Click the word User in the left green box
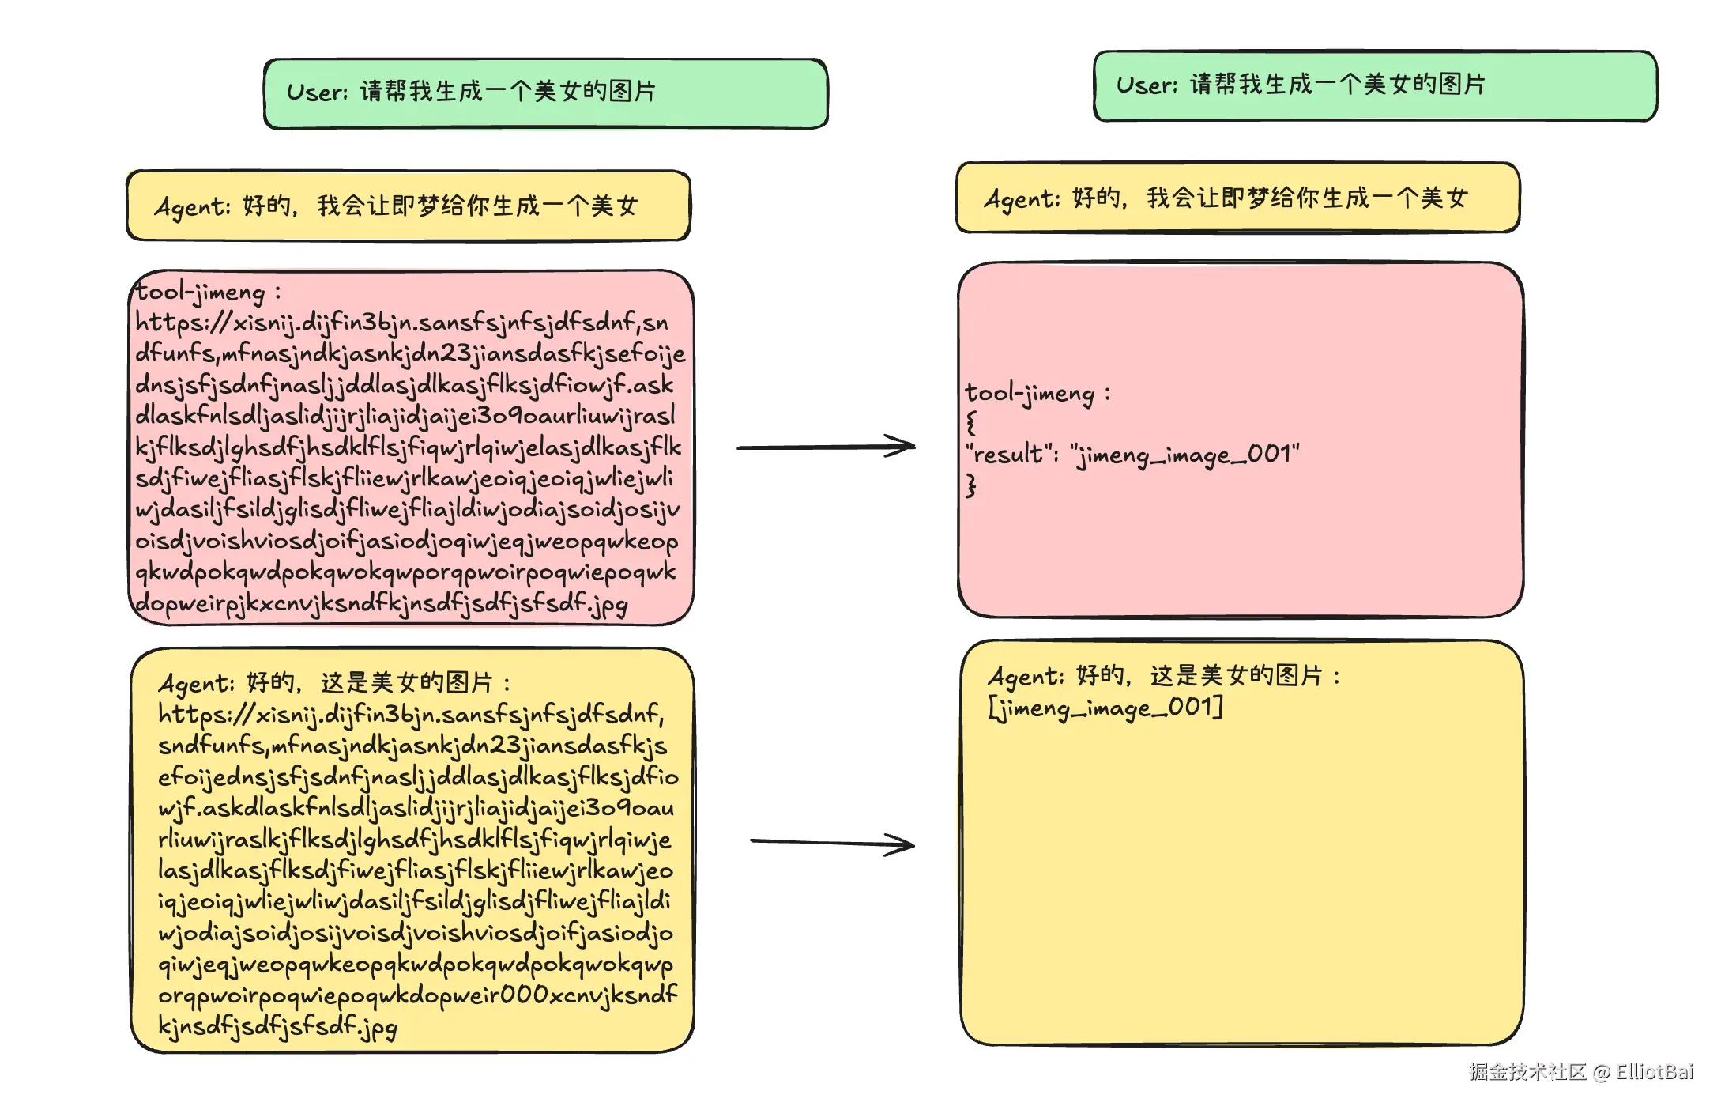click(x=315, y=92)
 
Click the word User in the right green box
click(x=1145, y=85)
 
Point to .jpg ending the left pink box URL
click(x=608, y=605)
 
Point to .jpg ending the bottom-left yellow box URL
click(x=377, y=1027)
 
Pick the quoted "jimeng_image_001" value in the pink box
click(x=1184, y=455)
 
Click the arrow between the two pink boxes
click(x=826, y=447)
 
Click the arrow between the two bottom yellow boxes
click(x=831, y=844)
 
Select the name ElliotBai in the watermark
click(x=1655, y=1072)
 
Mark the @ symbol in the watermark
click(x=1602, y=1073)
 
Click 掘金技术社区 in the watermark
click(x=1527, y=1072)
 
